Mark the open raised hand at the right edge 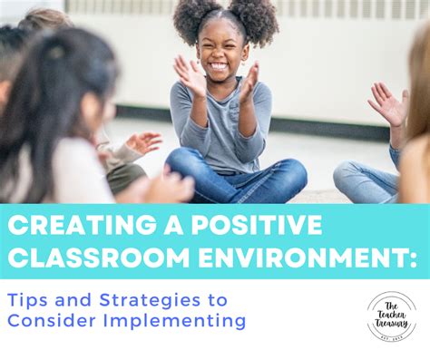coord(387,103)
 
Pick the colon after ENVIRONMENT coord(412,258)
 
